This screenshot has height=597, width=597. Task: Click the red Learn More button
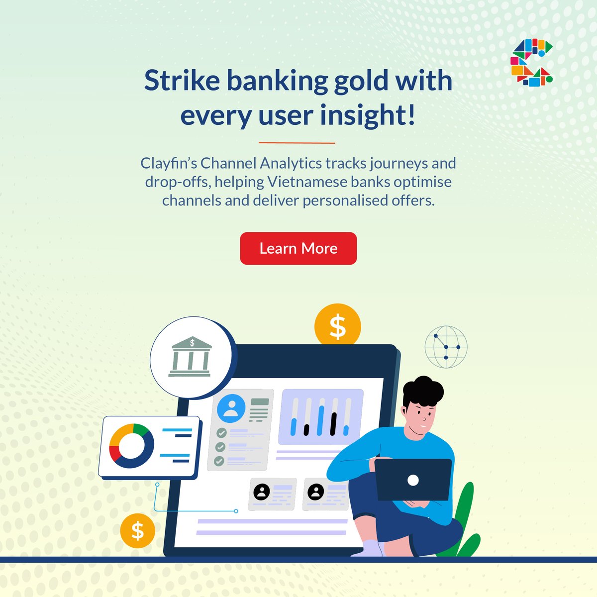(298, 248)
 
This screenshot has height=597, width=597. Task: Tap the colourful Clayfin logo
(531, 62)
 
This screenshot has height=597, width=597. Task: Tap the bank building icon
(191, 357)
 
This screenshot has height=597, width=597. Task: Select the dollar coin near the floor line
(137, 531)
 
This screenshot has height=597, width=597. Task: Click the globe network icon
(446, 347)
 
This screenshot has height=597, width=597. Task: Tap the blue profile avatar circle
(231, 408)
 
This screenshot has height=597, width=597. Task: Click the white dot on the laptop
(413, 480)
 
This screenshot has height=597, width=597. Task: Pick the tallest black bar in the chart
(333, 423)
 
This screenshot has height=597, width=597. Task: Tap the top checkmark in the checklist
(220, 433)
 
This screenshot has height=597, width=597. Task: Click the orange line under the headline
(297, 143)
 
